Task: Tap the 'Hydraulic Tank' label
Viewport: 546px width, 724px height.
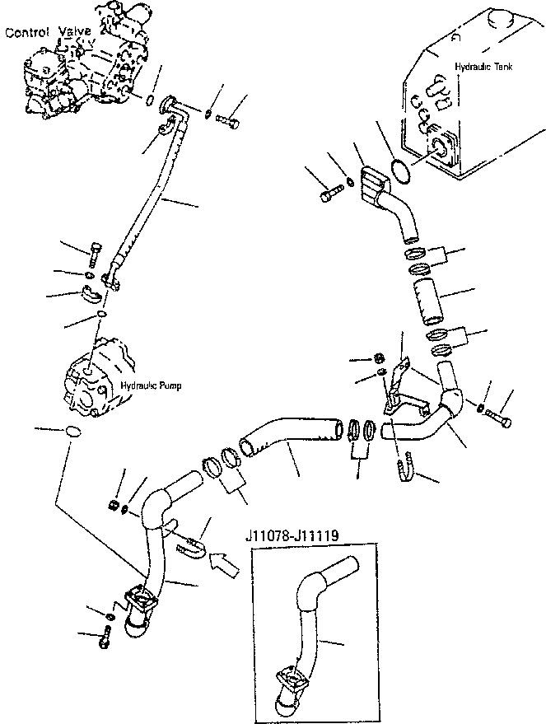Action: pos(483,67)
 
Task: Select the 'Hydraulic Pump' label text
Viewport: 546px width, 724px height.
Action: pos(151,385)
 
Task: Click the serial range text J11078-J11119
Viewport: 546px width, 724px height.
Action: pos(292,535)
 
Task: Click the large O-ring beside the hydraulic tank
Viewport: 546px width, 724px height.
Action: pos(399,170)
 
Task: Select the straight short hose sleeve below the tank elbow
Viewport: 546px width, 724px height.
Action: pos(427,301)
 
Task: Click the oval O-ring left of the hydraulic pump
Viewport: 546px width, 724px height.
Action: pos(72,432)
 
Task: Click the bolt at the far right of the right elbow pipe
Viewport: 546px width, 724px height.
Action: pos(498,418)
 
